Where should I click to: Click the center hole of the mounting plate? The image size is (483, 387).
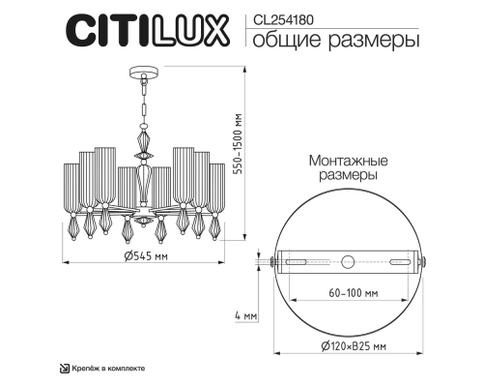coord(349,260)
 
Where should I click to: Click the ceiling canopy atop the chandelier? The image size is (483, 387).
coord(142,74)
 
